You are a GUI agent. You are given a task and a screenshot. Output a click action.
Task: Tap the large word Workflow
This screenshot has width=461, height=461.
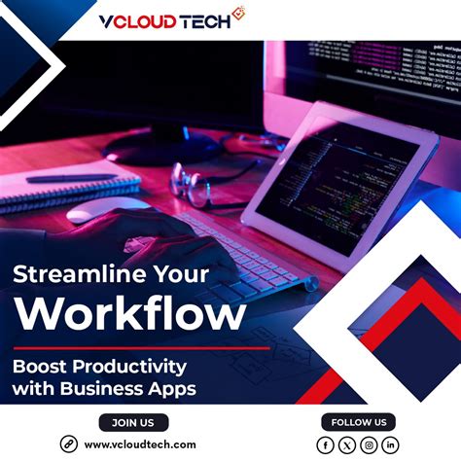point(130,313)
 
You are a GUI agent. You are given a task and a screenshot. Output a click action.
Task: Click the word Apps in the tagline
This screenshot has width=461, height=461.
point(174,389)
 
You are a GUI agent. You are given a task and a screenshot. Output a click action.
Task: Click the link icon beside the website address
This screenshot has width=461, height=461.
point(68,443)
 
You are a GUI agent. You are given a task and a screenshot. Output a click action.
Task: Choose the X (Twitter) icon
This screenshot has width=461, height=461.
point(347,444)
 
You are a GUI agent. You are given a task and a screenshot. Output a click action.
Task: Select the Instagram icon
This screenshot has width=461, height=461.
point(369,444)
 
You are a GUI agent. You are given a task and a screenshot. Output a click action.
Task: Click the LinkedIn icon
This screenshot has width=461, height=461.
point(390,444)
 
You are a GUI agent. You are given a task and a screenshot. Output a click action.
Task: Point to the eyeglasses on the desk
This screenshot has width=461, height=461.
point(195,185)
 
